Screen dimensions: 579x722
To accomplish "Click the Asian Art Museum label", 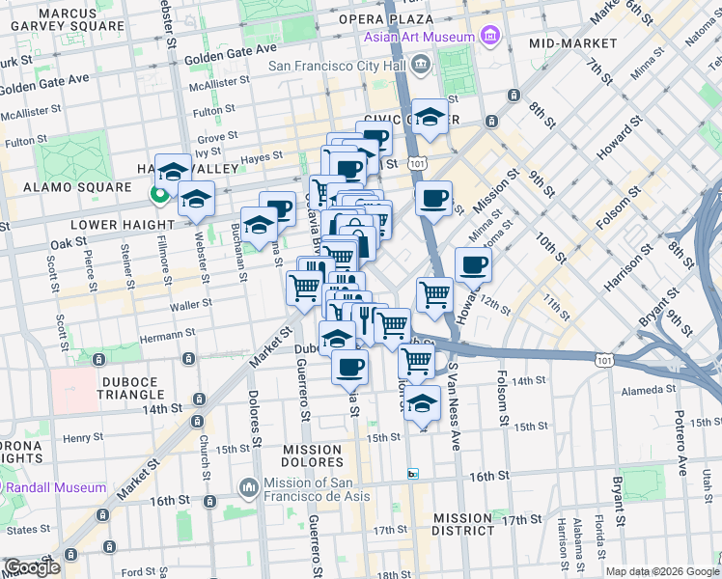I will tap(419, 38).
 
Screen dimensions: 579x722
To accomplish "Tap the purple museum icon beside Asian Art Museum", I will tap(489, 38).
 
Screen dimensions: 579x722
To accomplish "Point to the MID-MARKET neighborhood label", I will tap(572, 43).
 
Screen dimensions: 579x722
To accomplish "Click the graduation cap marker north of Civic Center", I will tap(430, 116).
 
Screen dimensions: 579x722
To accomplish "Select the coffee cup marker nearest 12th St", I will tap(472, 264).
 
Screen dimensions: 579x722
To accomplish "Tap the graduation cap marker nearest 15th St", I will tap(422, 403).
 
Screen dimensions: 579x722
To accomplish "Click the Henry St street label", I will tap(83, 437).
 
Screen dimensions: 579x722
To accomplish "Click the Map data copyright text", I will tap(661, 571).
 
